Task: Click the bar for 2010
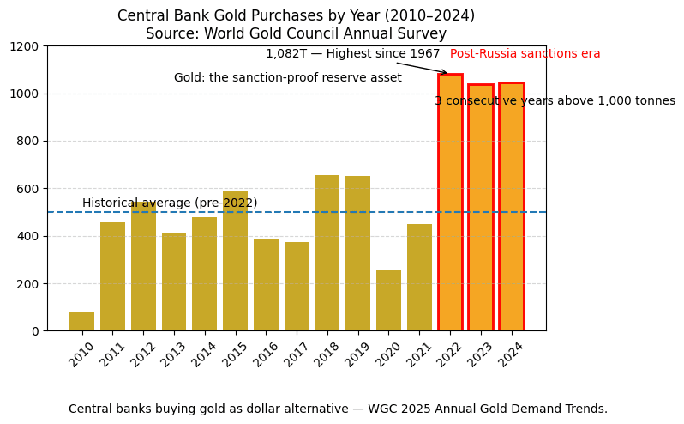[x=81, y=322]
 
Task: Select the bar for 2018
[x=327, y=253]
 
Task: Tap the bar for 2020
[x=388, y=300]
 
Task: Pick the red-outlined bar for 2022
[x=450, y=203]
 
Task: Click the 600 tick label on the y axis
[x=28, y=189]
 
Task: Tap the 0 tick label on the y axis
[x=35, y=331]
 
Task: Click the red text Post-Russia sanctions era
[x=525, y=54]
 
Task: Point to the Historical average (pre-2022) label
[x=170, y=203]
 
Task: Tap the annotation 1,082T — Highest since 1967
[x=352, y=54]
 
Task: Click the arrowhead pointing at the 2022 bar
[x=444, y=73]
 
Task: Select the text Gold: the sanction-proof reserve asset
[x=287, y=78]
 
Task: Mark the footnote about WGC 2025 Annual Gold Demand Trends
[x=338, y=409]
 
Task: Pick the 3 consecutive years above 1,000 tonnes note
[x=555, y=101]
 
